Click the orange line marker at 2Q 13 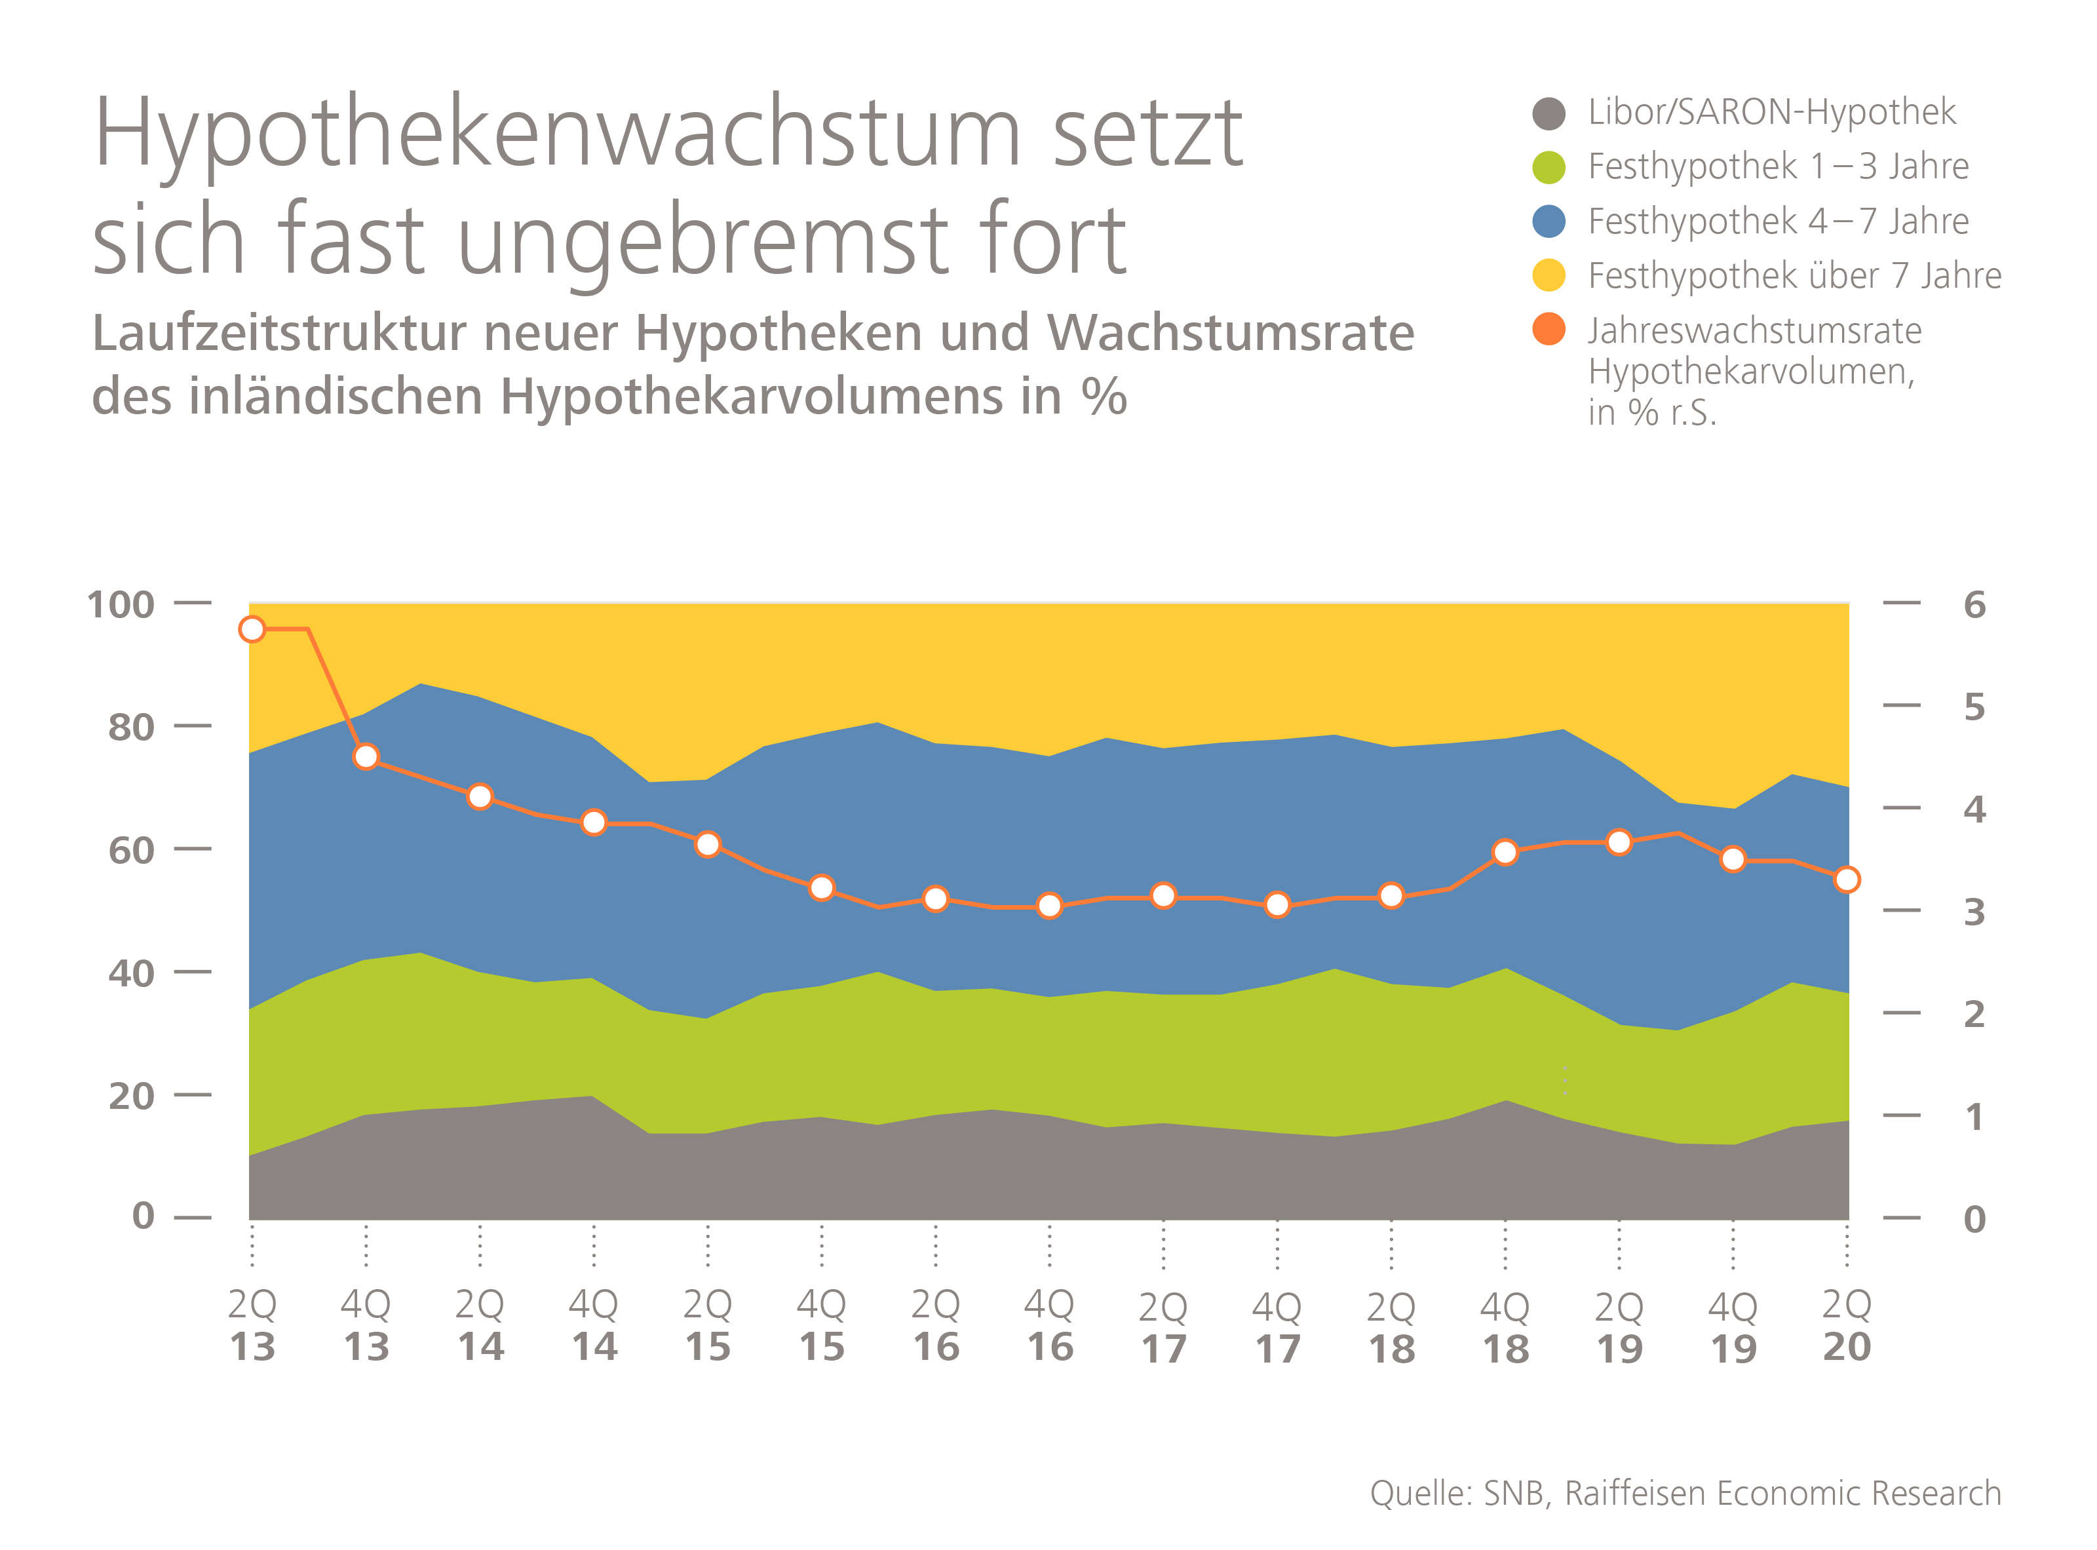(x=252, y=629)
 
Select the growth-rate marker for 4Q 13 (x=366, y=756)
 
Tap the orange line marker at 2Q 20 (x=1847, y=879)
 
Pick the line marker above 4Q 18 (x=1505, y=852)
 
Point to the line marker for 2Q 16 (x=935, y=898)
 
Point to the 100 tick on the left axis (x=120, y=604)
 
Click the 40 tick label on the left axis (x=131, y=973)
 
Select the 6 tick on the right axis (x=1974, y=604)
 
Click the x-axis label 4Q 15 (x=821, y=1325)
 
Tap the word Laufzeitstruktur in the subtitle (x=280, y=333)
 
